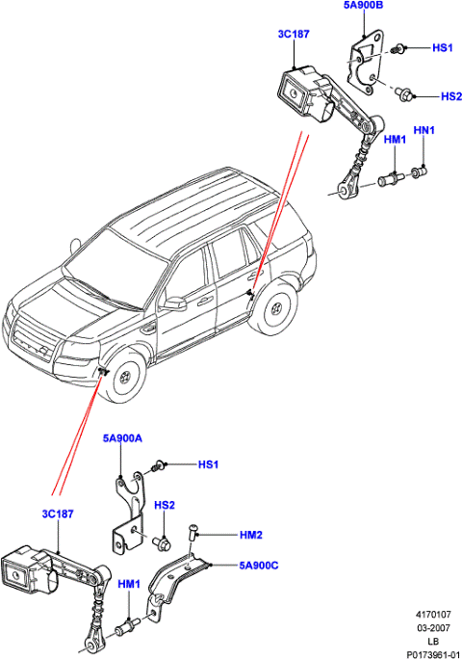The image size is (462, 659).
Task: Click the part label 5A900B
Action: tap(363, 6)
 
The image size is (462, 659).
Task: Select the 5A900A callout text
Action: tap(123, 437)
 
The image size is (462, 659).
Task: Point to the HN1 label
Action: tap(423, 129)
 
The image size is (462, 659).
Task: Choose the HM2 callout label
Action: tap(225, 534)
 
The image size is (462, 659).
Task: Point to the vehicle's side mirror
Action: tap(174, 303)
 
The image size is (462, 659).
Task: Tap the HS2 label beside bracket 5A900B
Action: tap(451, 96)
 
